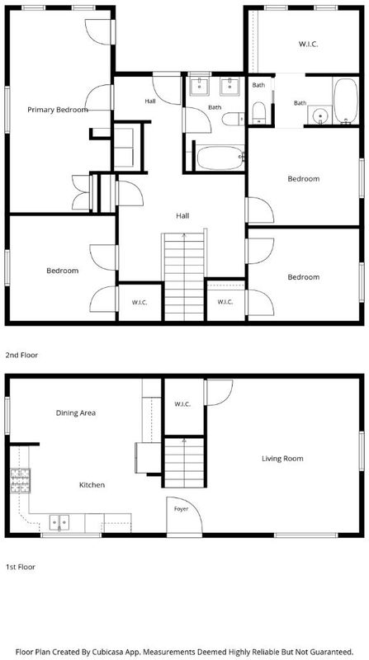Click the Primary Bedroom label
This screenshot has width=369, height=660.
pos(58,110)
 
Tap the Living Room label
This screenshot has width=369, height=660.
pos(282,459)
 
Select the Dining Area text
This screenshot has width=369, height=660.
pos(76,413)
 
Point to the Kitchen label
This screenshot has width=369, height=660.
pos(92,485)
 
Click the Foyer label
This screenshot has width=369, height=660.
pos(181,509)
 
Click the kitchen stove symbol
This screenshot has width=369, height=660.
pos(20,481)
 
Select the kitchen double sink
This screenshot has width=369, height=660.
pos(59,522)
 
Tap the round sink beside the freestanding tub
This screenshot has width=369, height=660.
pos(320,115)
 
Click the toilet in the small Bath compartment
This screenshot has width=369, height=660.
pos(258,113)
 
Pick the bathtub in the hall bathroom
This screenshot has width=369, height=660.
pos(220,158)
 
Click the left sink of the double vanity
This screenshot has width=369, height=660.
pos(199,87)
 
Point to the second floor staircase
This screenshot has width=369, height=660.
pos(184,276)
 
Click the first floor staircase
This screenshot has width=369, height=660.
pos(184,462)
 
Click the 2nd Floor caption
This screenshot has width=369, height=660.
pos(21,356)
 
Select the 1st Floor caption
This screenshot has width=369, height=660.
pos(20,567)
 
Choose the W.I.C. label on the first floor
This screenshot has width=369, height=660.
pos(182,404)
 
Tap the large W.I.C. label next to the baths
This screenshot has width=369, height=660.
pos(309,44)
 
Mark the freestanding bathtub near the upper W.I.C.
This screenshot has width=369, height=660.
pos(346,101)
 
